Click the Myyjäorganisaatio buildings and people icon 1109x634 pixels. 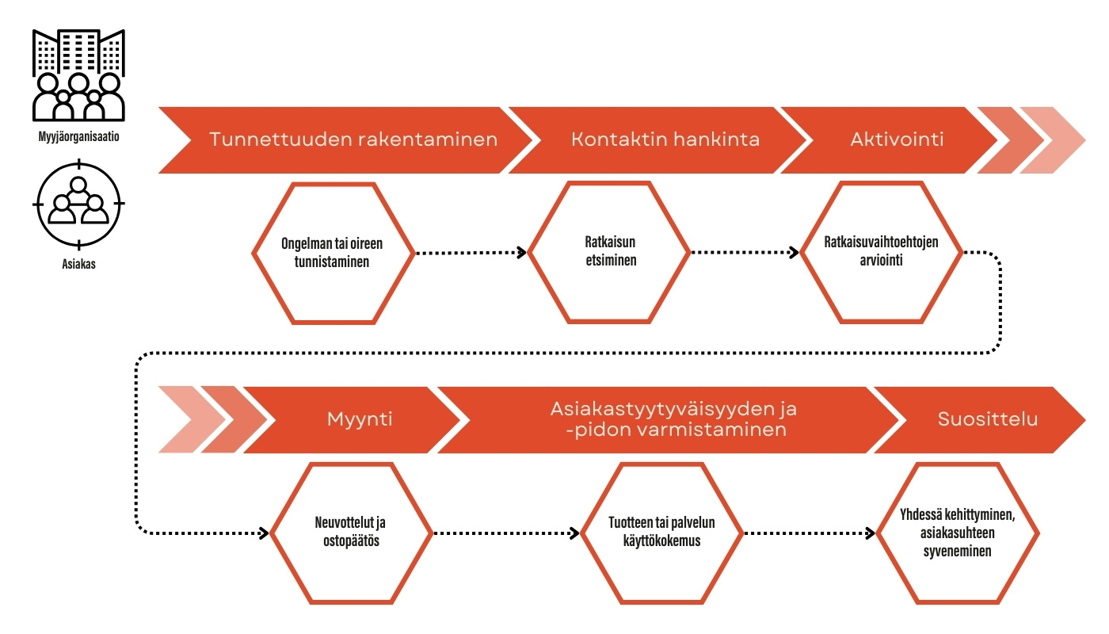click(78, 74)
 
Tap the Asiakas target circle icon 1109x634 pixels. click(78, 204)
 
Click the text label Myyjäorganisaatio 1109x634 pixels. click(78, 136)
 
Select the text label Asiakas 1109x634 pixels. click(78, 264)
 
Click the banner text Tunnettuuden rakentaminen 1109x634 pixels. click(353, 139)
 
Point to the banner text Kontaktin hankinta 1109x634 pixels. click(665, 139)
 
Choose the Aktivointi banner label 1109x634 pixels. click(897, 139)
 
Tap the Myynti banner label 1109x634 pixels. click(360, 420)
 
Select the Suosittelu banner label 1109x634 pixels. click(988, 419)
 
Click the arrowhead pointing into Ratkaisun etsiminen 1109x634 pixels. click(522, 253)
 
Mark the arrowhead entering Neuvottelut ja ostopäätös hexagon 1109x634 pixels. click(263, 533)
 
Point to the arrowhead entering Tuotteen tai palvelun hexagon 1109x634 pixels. click(574, 533)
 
